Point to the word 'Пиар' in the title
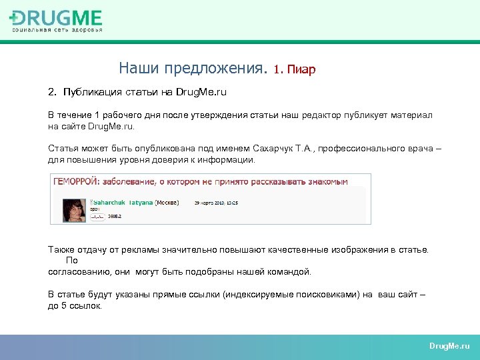point(302,69)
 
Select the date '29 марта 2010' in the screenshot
point(208,201)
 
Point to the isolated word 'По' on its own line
point(72,261)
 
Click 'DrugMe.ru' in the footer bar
point(449,346)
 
